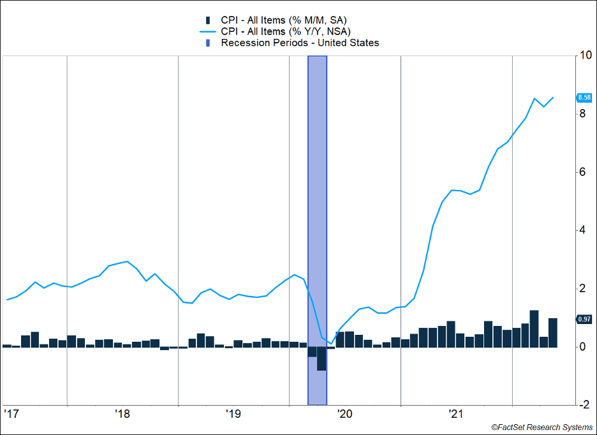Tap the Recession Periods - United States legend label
(300, 43)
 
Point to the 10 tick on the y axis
(584, 55)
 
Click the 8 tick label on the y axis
(582, 114)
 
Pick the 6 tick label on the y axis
(582, 172)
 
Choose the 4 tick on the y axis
(582, 230)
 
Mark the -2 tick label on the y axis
(583, 405)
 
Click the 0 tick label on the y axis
(582, 347)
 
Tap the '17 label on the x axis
(10, 413)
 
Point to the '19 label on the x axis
(233, 413)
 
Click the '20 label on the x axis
(344, 413)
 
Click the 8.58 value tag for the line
(584, 98)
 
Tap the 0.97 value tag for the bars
(584, 319)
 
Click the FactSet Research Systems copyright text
(542, 427)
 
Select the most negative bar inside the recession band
(321, 358)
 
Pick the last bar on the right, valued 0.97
(553, 332)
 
